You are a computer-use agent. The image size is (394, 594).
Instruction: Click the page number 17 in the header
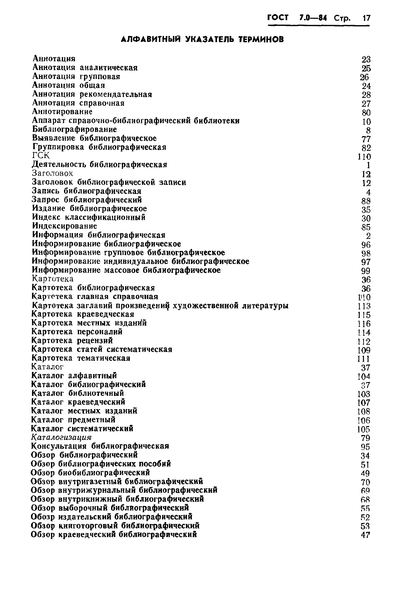[x=366, y=18]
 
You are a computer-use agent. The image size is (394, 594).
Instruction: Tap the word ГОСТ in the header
[x=278, y=18]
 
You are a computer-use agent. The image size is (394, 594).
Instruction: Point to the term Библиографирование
[x=75, y=129]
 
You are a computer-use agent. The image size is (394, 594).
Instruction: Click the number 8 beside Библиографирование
[x=368, y=131]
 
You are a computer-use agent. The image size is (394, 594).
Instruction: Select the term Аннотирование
[x=62, y=111]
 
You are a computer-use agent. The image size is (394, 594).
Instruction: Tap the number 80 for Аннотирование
[x=366, y=113]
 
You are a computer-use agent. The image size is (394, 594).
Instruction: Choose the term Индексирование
[x=65, y=226]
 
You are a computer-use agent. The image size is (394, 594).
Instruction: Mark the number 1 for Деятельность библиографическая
[x=368, y=165]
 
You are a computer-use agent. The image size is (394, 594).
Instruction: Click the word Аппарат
[x=49, y=121]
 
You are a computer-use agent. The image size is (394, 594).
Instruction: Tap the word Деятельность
[x=60, y=164]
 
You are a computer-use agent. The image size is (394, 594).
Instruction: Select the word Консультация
[x=59, y=446]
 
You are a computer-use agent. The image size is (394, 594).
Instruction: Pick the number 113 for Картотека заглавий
[x=364, y=306]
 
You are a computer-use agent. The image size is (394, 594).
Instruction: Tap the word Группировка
[x=58, y=147]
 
